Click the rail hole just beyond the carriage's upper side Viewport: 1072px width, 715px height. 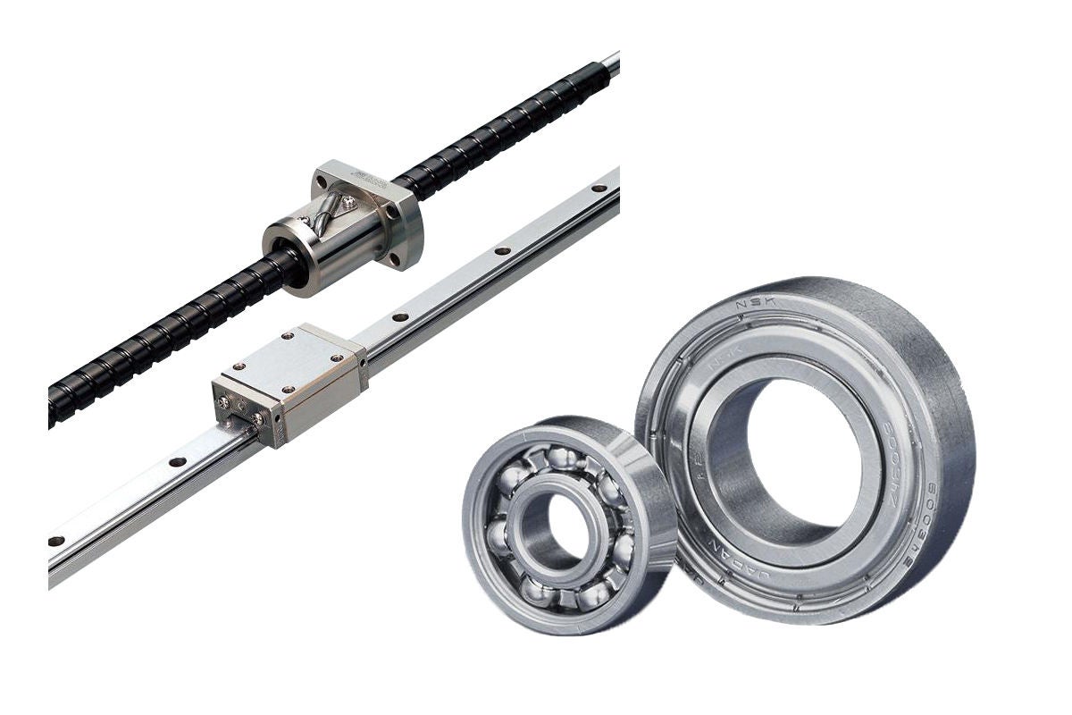(398, 316)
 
